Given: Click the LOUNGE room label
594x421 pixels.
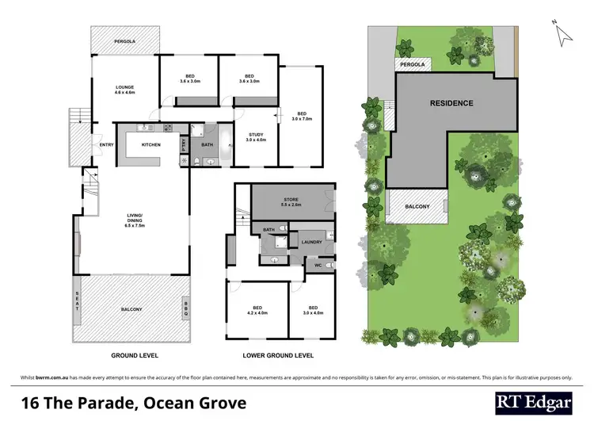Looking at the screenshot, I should point(125,89).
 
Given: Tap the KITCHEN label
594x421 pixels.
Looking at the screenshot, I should point(151,145).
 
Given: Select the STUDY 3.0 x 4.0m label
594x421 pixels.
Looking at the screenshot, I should point(256,136).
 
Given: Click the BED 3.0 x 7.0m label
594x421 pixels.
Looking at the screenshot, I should point(301,116).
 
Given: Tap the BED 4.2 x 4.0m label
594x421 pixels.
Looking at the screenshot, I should point(257,311).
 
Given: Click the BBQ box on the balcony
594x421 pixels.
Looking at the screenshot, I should point(187,308).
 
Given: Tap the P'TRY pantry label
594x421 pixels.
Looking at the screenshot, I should point(183,144).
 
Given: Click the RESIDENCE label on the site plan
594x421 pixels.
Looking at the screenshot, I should point(451,103).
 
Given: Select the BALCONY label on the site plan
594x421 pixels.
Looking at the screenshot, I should point(417,207).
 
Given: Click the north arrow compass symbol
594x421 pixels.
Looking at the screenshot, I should point(563,33).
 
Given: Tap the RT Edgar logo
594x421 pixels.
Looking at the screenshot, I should point(534,402).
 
